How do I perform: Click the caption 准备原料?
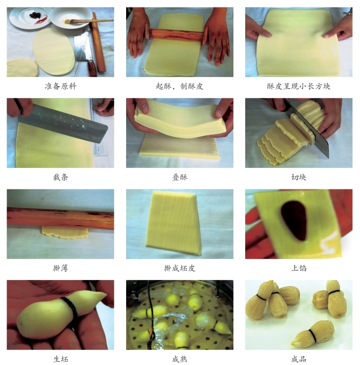pos(60,86)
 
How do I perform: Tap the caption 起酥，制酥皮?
pos(179,86)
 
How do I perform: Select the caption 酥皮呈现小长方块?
pos(299,86)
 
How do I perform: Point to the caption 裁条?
pos(60,177)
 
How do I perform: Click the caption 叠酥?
pos(179,177)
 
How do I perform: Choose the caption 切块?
pos(299,177)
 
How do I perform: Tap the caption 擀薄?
pos(60,269)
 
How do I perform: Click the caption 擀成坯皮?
pos(179,269)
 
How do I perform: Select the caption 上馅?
pos(299,269)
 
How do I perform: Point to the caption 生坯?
pos(60,359)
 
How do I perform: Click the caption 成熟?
pos(179,359)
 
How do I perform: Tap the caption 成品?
pos(299,359)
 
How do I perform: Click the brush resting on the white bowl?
pos(88,21)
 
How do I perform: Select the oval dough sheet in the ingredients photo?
pos(53,52)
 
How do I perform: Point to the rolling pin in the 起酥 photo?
pos(176,34)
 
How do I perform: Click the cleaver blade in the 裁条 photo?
pos(63,123)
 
